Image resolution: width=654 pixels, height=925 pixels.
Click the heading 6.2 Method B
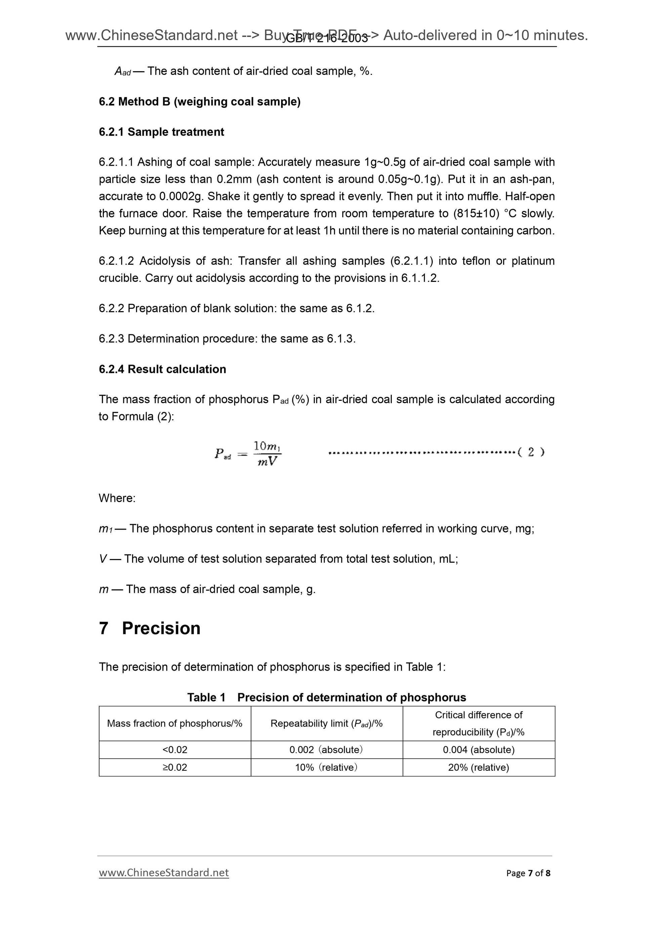(x=200, y=101)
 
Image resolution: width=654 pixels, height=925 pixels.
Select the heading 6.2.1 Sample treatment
(x=161, y=132)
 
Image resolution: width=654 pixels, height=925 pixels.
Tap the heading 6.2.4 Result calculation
(x=162, y=369)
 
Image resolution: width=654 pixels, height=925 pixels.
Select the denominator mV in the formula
(x=267, y=461)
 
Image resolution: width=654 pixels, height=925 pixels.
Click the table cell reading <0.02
(x=174, y=750)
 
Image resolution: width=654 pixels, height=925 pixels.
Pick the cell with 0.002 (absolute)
(x=326, y=750)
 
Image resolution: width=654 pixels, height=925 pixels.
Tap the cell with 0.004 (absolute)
(x=478, y=750)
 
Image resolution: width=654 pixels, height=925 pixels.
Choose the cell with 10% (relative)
(x=326, y=767)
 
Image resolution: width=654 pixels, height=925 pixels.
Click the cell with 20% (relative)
(x=478, y=767)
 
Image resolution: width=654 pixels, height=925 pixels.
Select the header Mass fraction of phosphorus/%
(x=174, y=723)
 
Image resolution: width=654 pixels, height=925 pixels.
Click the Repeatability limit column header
(x=326, y=723)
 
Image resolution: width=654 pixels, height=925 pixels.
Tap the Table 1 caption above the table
(x=326, y=698)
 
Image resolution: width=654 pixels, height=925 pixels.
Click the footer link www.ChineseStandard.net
(x=164, y=873)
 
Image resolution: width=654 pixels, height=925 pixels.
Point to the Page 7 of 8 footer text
(x=528, y=873)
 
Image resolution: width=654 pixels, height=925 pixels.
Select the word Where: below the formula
(x=117, y=498)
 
